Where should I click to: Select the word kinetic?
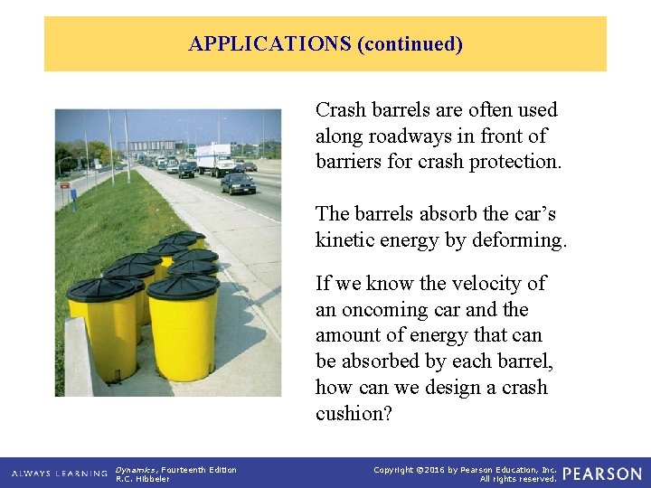pyautogui.click(x=348, y=240)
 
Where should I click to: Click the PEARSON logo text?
pyautogui.click(x=603, y=474)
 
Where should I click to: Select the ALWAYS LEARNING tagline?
pyautogui.click(x=58, y=474)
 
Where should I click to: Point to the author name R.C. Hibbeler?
pyautogui.click(x=144, y=479)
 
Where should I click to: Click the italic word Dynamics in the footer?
pyautogui.click(x=136, y=469)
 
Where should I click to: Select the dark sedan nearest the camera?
pyautogui.click(x=238, y=183)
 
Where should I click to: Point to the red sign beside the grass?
pyautogui.click(x=63, y=185)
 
